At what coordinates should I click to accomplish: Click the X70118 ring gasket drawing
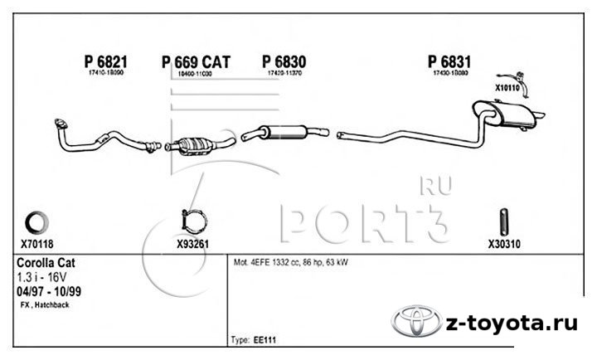point(36,221)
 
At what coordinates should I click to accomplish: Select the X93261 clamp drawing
point(192,222)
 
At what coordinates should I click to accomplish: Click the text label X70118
point(36,245)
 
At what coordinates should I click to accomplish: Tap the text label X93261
point(193,245)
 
